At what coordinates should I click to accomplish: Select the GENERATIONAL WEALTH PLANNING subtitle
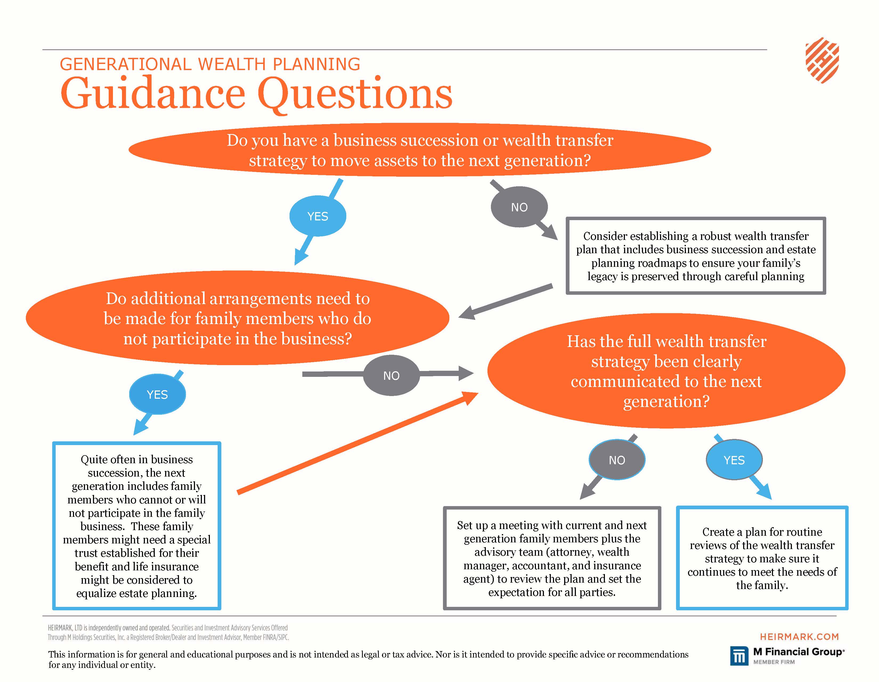pos(210,64)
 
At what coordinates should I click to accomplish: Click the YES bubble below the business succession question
pos(318,216)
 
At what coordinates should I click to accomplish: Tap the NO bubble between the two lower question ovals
pos(391,376)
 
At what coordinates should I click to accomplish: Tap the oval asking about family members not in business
pos(237,318)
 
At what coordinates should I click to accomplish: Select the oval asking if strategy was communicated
pos(666,371)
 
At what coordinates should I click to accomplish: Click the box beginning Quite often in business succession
pos(137,526)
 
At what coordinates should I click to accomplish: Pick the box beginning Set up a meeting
pos(552,558)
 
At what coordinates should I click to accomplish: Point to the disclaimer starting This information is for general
pos(368,659)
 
